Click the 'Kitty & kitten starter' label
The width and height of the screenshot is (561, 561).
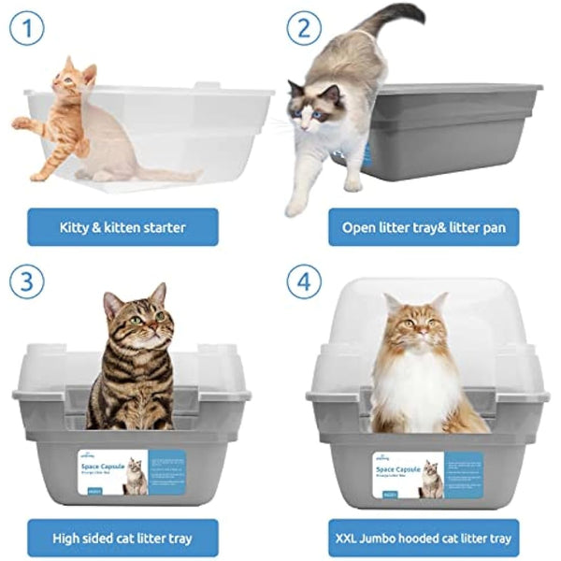[123, 227]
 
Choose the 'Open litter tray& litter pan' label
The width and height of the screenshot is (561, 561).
[423, 227]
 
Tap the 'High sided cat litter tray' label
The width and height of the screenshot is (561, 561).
[123, 538]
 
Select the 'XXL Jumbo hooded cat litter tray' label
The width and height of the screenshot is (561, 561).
[423, 538]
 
